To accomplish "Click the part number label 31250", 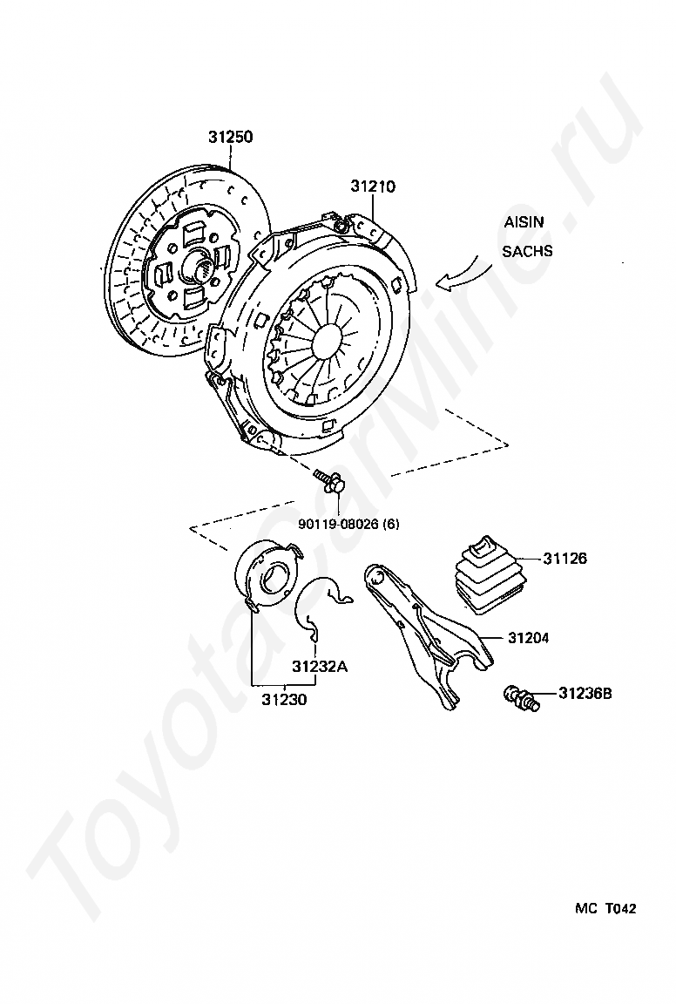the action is [230, 137].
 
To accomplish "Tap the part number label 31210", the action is [373, 187].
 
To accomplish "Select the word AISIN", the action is [524, 222].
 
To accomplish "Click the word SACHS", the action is [527, 251].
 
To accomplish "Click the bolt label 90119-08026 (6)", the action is [348, 524].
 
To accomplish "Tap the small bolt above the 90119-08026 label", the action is [329, 482].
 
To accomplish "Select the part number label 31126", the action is [564, 559].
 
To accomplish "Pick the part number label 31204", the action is [528, 638].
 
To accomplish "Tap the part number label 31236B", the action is [585, 693].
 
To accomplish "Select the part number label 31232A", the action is [320, 667].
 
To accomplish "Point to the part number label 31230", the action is [284, 699].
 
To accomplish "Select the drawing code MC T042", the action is [605, 908].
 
